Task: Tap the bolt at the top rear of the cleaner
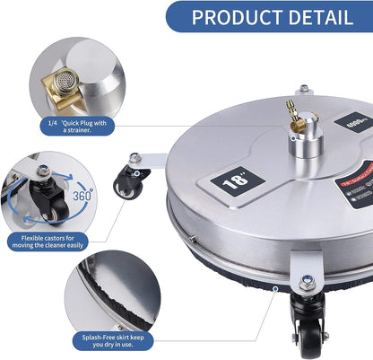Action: (x=304, y=88)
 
